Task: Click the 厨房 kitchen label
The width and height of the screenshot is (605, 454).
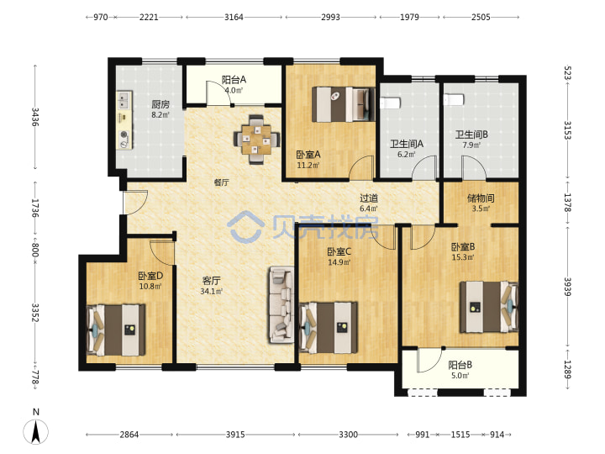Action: point(160,104)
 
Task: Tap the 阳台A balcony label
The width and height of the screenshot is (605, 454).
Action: point(234,80)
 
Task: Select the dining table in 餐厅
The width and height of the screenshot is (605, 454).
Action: point(256,139)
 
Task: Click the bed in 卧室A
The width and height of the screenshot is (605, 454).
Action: point(343,104)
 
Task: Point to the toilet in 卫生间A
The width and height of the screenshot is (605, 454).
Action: point(390,103)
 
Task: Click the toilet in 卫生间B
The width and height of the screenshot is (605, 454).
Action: point(454,99)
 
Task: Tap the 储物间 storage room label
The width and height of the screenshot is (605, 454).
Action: point(481,198)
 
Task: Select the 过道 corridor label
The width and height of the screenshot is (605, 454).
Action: point(369,198)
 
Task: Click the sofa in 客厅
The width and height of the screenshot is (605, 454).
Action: point(281,304)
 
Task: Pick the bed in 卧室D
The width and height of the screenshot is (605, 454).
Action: point(116,330)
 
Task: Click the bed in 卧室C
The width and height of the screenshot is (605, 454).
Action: point(329,327)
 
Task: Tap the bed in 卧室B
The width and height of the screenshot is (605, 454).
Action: point(488,307)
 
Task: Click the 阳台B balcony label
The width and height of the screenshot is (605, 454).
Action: point(460,365)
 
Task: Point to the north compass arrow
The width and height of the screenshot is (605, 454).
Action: point(36,431)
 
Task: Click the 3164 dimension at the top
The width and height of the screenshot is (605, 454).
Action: point(234,17)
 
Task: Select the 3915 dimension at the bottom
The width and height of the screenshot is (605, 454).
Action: point(235,435)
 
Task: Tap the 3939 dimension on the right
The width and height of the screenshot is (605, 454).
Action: point(567,287)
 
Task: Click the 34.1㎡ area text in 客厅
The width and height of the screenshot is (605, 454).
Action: point(212,292)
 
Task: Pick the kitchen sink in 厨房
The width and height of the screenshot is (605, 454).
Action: point(124,99)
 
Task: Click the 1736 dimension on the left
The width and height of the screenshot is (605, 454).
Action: point(34,209)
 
